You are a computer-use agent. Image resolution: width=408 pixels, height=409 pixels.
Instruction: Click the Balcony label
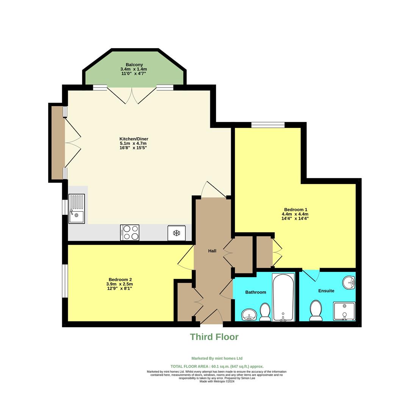coord(134,65)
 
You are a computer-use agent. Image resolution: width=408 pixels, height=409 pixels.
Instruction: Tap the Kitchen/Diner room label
coord(134,139)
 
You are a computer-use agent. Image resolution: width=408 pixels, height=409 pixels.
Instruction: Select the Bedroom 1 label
coord(295,209)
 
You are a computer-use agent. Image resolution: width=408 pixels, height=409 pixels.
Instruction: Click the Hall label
coord(212,251)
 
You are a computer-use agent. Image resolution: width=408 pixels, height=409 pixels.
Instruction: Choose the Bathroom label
coord(256,292)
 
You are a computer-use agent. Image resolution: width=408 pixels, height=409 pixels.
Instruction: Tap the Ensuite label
coord(326,291)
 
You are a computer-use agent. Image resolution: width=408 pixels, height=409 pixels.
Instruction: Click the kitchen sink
coord(77,209)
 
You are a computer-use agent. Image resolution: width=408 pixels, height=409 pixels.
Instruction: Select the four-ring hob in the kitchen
coord(130,233)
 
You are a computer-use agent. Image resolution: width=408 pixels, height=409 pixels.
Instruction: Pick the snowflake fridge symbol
coord(177,233)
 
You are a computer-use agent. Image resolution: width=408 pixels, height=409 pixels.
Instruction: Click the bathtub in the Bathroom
coord(283,297)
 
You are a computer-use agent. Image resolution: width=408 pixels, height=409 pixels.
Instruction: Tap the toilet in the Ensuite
coord(316,311)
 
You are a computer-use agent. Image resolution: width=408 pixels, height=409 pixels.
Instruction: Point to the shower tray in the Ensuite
coord(344,311)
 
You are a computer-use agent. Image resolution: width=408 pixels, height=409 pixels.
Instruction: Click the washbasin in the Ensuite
coord(349,282)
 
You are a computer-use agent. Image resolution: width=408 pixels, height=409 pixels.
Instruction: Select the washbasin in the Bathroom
coord(249,315)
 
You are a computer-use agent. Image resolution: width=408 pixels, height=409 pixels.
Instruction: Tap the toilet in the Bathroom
coord(265,312)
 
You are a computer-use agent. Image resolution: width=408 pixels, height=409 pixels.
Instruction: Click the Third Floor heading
coord(214,337)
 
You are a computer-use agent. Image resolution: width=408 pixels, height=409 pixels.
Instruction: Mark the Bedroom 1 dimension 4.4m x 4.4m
coord(295,214)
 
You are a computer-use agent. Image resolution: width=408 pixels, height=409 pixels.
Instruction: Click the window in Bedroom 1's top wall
coord(268,125)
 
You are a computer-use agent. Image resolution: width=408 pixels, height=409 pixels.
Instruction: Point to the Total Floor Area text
coord(217,367)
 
